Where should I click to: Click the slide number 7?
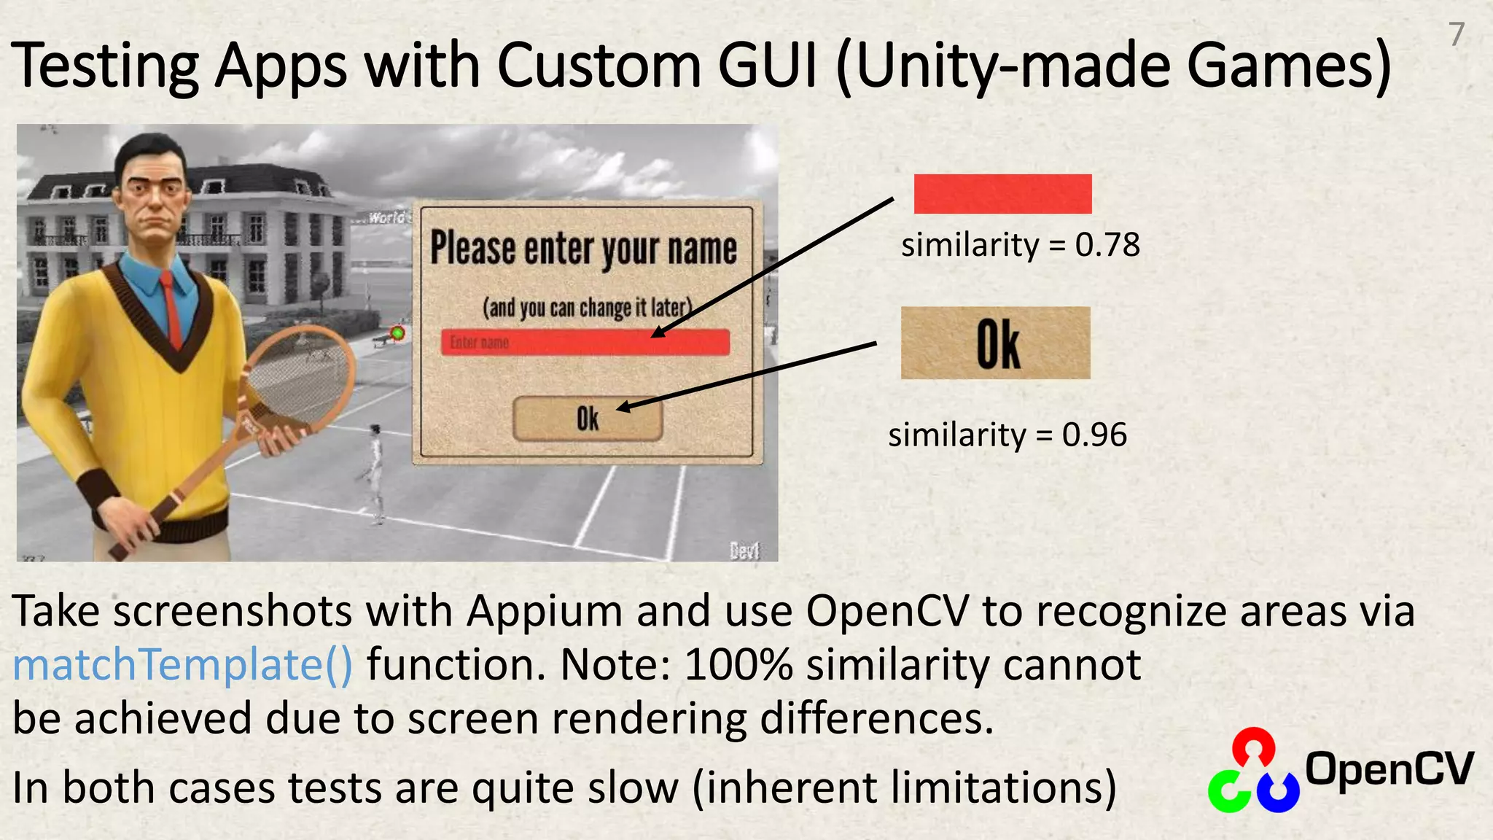point(1457,34)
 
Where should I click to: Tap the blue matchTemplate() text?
point(182,664)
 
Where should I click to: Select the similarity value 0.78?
point(1107,245)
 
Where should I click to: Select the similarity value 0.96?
point(1094,435)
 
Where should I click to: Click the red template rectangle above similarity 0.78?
point(1002,194)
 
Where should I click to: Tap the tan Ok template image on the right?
point(996,343)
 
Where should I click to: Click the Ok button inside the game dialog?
point(588,419)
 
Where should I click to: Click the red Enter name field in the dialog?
point(585,342)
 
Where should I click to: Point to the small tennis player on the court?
point(375,470)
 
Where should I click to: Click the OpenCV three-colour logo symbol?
point(1253,771)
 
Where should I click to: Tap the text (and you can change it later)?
point(587,308)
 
